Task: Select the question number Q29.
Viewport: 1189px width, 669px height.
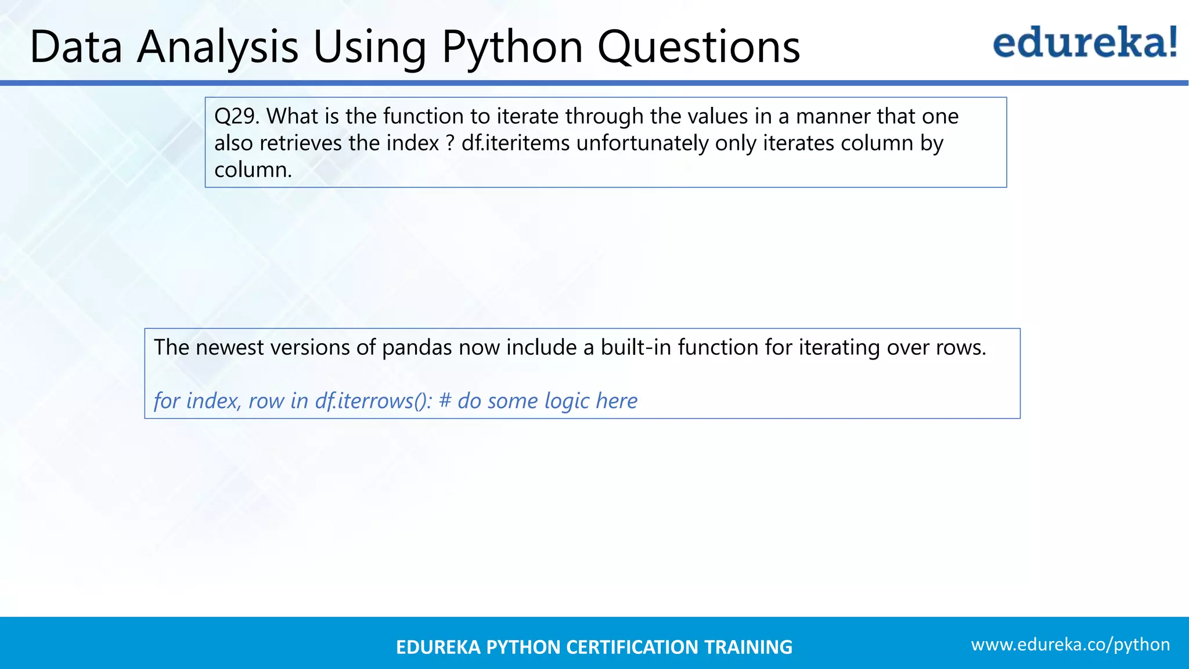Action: [236, 117]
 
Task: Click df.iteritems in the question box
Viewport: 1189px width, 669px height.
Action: [516, 143]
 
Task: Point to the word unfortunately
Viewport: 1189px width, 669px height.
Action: [642, 143]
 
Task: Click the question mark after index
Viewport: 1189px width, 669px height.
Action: [450, 143]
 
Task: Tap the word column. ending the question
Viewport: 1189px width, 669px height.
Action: [253, 170]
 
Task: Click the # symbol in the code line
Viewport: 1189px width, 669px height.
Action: [445, 401]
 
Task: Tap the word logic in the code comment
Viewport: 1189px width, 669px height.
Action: [567, 401]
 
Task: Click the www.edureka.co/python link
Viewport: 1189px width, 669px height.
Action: [1070, 645]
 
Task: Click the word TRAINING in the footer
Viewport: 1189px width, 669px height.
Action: [748, 647]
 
